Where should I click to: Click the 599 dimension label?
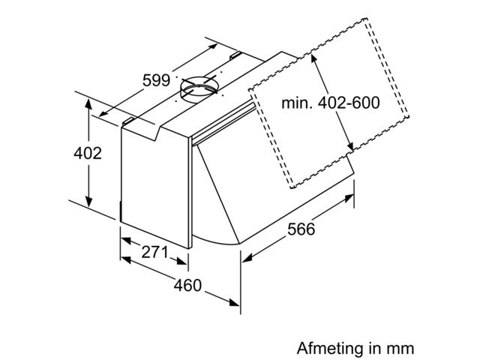pos(156,80)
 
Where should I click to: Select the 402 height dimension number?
pos(88,153)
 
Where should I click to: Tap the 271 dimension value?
pos(155,252)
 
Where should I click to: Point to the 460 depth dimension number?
pos(187,285)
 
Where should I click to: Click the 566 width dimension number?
pos(301,229)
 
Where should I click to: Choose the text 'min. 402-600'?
pos(331,103)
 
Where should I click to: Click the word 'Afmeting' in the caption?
pos(330,348)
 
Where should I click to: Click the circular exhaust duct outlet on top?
pos(199,88)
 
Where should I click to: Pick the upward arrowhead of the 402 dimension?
pos(88,104)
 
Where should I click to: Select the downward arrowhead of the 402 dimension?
pos(88,202)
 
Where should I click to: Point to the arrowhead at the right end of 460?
pos(235,302)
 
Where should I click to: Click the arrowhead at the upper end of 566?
pos(349,198)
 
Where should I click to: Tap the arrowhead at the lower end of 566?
pos(247,258)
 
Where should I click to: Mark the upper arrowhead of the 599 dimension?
pos(212,46)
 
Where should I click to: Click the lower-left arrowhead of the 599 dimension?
pos(104,113)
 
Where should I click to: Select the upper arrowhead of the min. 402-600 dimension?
pos(314,59)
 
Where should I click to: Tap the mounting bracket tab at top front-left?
pos(128,121)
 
